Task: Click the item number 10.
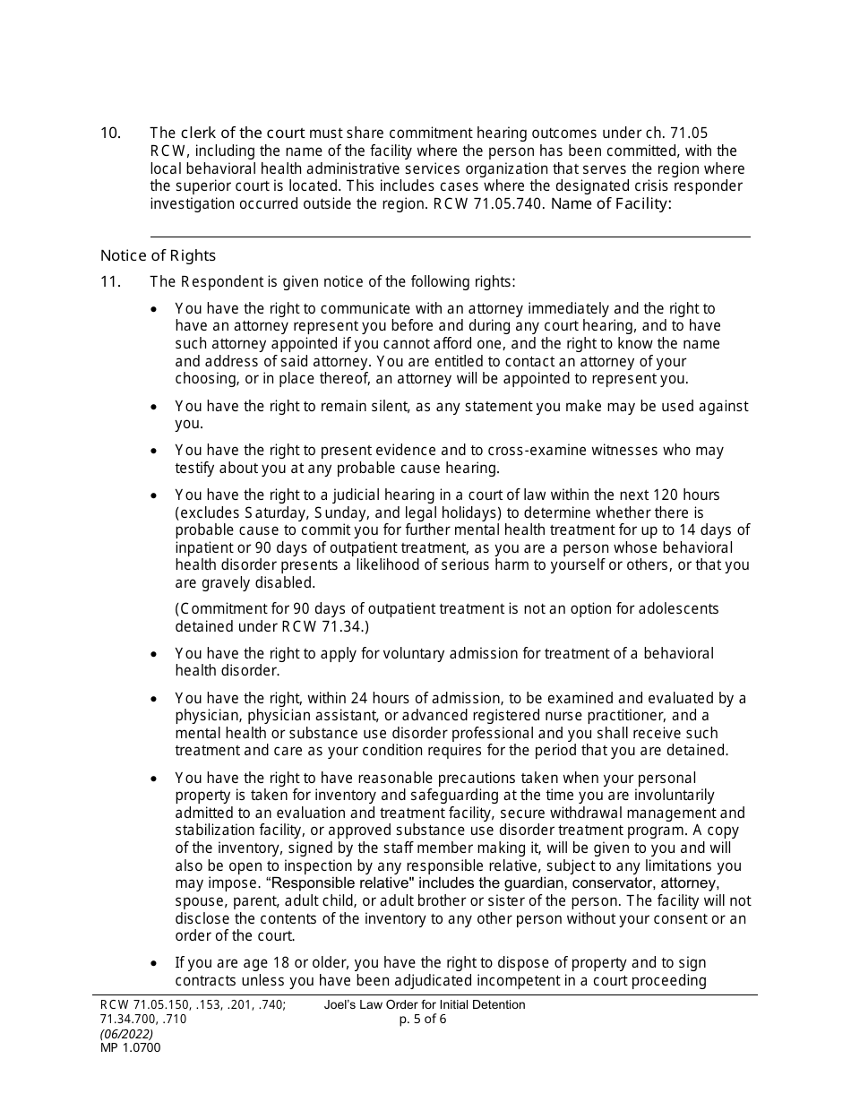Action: click(x=110, y=133)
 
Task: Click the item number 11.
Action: click(x=110, y=281)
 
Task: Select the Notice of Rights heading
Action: click(x=158, y=255)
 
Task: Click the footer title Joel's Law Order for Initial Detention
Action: click(x=425, y=1005)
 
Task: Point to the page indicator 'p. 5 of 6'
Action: click(x=424, y=1020)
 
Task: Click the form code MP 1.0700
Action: click(x=131, y=1047)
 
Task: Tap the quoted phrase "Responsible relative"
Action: click(x=335, y=883)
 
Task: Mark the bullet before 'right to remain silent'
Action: click(x=155, y=407)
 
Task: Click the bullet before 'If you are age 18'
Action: click(x=155, y=963)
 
